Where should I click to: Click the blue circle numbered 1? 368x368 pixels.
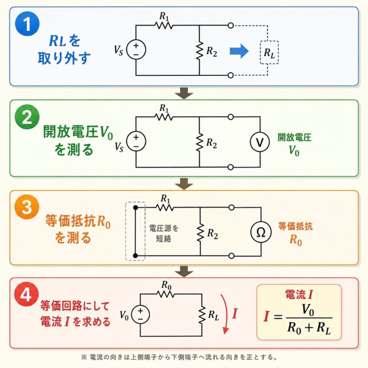27,26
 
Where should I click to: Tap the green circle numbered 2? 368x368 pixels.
27,119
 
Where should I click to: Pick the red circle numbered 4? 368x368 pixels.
27,296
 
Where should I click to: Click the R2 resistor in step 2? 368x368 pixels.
199,142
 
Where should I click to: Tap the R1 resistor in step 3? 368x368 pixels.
165,207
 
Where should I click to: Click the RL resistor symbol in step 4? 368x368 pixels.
202,314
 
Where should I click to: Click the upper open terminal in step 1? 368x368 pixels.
231,26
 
